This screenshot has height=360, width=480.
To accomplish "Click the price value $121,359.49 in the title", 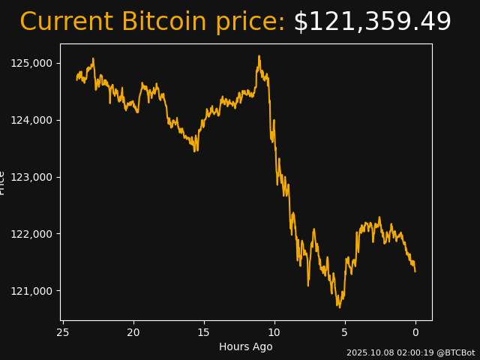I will tap(372, 22).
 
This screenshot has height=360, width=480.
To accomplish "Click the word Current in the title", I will tap(66, 22).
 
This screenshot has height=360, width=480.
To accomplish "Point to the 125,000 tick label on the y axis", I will tap(31, 63).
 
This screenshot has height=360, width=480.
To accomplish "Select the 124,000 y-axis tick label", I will tap(31, 120).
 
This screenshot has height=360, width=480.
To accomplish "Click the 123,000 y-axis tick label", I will tap(31, 177).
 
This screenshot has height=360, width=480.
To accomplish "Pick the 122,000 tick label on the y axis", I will tap(31, 234).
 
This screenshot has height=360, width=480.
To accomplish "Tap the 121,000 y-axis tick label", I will tap(31, 291).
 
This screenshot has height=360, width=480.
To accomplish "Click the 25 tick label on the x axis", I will tap(63, 332).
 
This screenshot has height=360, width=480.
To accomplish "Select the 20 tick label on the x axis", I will tap(133, 332).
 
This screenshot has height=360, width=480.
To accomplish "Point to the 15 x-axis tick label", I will tap(204, 332).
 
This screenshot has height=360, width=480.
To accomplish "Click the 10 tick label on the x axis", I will tap(274, 332).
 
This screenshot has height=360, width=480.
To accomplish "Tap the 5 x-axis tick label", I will tap(345, 332).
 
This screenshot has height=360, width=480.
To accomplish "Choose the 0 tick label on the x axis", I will tap(415, 332).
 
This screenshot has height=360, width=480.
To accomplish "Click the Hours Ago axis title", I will tap(246, 346).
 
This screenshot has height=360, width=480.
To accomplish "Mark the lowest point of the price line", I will tap(339, 307).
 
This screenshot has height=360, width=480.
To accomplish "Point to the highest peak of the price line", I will tap(259, 55).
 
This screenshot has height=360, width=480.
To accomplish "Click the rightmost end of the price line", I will tap(415, 271).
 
